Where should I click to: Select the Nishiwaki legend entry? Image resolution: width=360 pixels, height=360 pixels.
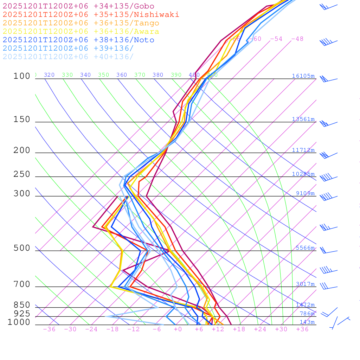tap(91, 14)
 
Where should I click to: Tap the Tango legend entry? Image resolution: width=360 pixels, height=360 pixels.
tap(81, 23)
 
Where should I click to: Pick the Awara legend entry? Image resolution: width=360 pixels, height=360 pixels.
tap(81, 32)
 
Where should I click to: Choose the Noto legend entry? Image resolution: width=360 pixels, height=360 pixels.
tap(78, 40)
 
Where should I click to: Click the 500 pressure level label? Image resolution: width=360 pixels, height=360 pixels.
tap(22, 248)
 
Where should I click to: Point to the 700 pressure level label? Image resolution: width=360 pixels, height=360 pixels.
tap(22, 284)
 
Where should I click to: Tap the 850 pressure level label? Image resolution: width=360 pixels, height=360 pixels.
tap(22, 305)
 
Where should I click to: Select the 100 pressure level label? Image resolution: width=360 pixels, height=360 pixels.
tap(22, 76)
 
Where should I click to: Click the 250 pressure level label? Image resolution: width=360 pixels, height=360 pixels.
tap(22, 174)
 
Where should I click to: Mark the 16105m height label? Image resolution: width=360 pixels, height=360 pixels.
tap(303, 76)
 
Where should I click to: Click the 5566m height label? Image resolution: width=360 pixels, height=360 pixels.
tap(305, 248)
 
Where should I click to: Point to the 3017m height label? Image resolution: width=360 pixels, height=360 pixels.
tap(305, 284)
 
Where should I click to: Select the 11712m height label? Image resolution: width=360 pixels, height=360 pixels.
tap(303, 150)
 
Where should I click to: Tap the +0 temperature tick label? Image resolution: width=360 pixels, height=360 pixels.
tap(178, 329)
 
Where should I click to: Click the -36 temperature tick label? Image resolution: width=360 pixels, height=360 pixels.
tap(49, 329)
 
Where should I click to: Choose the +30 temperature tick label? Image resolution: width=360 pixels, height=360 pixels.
tap(281, 329)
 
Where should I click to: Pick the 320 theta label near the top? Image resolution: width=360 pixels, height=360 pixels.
tap(49, 75)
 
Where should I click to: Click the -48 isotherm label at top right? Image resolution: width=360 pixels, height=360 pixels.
tap(297, 39)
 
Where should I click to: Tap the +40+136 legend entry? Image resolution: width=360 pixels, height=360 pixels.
tap(68, 57)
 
